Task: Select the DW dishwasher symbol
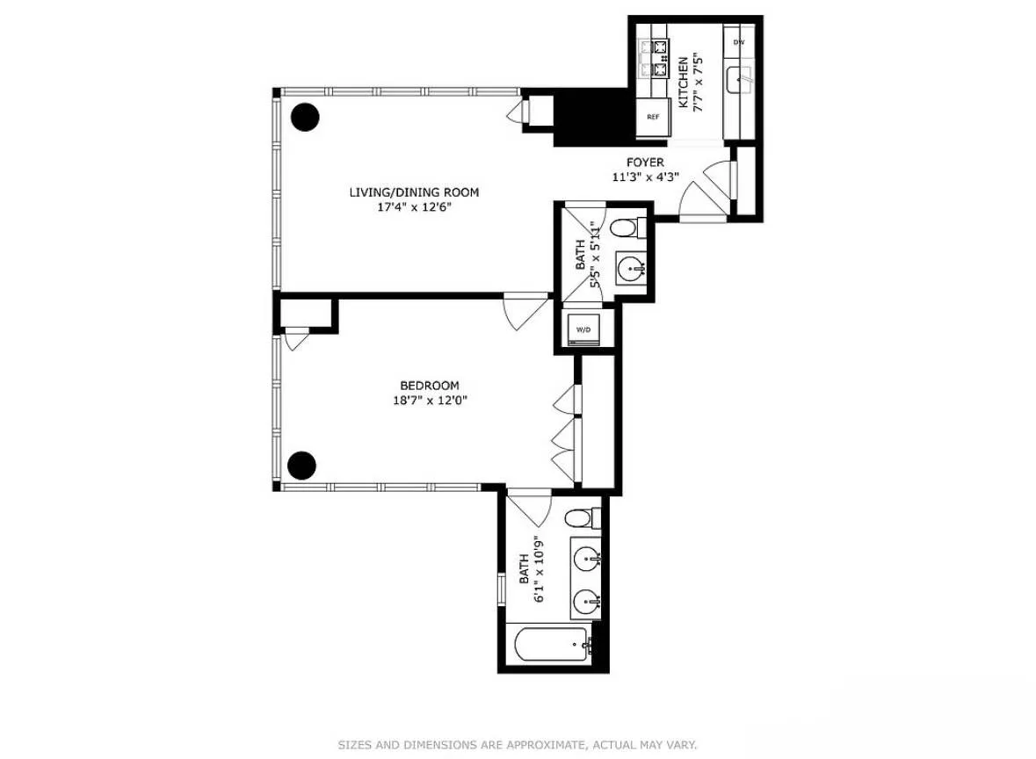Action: click(739, 42)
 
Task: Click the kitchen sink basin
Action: click(740, 80)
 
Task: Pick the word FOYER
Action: click(644, 163)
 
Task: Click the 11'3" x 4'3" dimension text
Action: click(645, 177)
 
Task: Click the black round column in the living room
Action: click(305, 117)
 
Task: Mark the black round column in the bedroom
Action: click(301, 465)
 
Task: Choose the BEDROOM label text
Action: click(429, 385)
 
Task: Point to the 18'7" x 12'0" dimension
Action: click(429, 401)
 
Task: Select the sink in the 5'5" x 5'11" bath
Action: click(631, 269)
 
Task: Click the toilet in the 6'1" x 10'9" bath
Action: click(581, 517)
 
